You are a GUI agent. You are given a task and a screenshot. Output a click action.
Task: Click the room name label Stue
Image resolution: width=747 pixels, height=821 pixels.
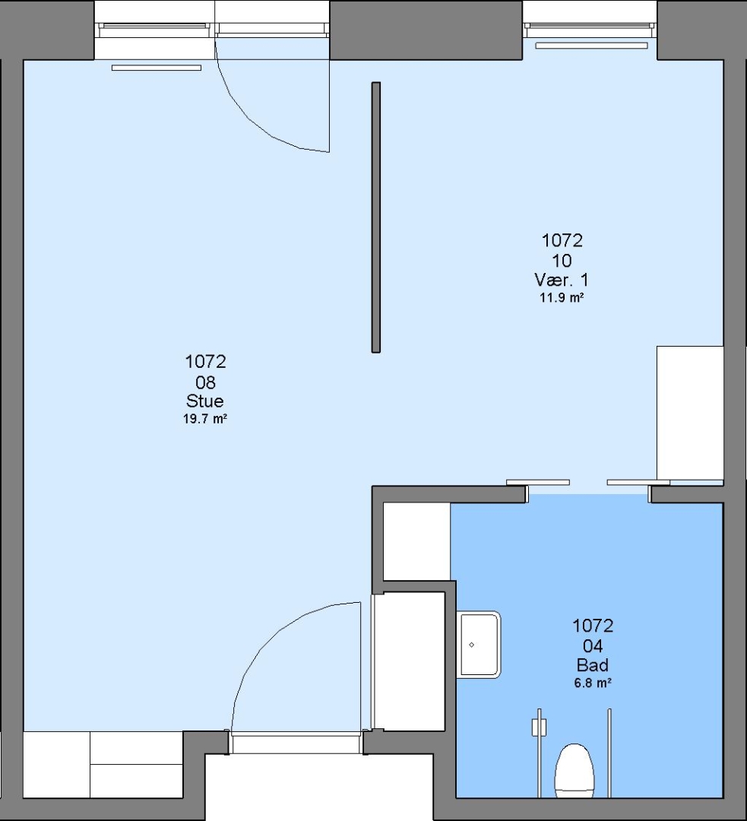click(x=205, y=401)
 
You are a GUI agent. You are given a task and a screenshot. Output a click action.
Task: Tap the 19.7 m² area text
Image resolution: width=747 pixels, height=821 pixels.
click(x=205, y=419)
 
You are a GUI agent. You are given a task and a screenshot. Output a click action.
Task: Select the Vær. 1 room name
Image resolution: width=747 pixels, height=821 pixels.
click(x=561, y=280)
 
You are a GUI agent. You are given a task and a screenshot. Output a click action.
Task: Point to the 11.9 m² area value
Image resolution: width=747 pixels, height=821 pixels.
click(x=562, y=297)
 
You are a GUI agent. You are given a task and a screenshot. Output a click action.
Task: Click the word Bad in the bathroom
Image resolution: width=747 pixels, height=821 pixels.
click(x=593, y=665)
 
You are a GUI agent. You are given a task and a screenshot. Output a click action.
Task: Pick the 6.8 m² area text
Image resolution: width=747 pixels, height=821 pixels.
click(x=593, y=683)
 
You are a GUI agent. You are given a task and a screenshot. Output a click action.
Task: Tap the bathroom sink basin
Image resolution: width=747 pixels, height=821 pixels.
click(x=479, y=645)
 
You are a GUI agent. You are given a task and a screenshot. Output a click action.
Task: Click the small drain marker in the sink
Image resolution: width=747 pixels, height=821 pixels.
click(x=472, y=645)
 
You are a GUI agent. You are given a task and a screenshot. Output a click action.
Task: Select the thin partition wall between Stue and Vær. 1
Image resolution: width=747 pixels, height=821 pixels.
click(x=376, y=217)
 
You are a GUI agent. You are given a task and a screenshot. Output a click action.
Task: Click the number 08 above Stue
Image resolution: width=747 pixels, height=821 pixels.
click(x=205, y=382)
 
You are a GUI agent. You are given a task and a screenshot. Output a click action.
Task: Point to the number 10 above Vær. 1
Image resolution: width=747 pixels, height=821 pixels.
click(x=562, y=261)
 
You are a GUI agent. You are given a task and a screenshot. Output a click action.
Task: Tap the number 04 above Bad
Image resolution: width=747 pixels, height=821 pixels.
click(x=593, y=645)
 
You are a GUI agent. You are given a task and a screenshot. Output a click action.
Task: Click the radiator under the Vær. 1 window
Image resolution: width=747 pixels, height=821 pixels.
click(x=591, y=46)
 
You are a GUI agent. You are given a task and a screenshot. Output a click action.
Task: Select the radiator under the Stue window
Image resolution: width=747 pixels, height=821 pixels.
click(x=157, y=68)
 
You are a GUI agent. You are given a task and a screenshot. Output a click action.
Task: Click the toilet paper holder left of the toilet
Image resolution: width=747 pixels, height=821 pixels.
click(x=540, y=727)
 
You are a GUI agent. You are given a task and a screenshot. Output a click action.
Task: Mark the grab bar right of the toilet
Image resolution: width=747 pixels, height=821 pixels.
click(x=609, y=753)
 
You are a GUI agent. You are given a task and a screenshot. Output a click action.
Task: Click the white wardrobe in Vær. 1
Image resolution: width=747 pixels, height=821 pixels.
click(x=690, y=413)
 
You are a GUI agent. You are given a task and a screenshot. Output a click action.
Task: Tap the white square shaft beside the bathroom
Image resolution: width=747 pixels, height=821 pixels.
click(x=416, y=541)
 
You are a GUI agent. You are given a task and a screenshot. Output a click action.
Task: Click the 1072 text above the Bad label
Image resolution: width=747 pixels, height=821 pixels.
click(x=593, y=626)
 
